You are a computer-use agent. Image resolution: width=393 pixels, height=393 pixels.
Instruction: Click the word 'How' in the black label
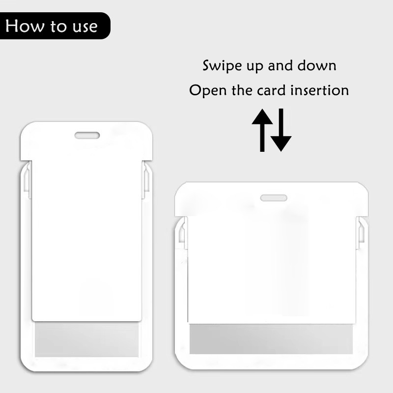pyautogui.click(x=24, y=26)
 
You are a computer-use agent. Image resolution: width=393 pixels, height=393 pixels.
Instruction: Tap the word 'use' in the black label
pyautogui.click(x=85, y=27)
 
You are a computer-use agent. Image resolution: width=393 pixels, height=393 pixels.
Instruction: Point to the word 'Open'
pyautogui.click(x=208, y=90)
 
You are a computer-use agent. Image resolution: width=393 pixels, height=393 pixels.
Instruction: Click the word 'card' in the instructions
pyautogui.click(x=272, y=90)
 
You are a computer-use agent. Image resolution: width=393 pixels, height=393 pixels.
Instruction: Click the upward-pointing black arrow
pyautogui.click(x=262, y=130)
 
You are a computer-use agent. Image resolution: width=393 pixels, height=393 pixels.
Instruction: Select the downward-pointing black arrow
pyautogui.click(x=281, y=130)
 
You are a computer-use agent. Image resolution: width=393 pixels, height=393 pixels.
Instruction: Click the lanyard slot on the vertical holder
pyautogui.click(x=87, y=136)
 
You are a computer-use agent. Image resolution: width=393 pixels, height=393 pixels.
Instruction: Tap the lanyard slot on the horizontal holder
pyautogui.click(x=274, y=198)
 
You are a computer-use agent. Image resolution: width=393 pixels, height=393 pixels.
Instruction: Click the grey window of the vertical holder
pyautogui.click(x=86, y=339)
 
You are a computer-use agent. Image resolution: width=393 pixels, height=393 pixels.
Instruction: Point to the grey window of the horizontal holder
pyautogui.click(x=271, y=339)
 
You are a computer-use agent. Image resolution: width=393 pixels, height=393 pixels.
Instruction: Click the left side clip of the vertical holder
pyautogui.click(x=28, y=180)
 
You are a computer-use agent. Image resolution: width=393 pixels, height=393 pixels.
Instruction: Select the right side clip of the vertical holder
pyautogui.click(x=146, y=180)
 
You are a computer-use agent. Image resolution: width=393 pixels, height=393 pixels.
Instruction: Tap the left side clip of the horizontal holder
pyautogui.click(x=183, y=233)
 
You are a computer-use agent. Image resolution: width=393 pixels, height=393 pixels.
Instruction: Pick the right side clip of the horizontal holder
pyautogui.click(x=361, y=233)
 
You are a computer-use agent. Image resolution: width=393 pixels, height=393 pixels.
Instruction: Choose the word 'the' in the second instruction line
pyautogui.click(x=242, y=90)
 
